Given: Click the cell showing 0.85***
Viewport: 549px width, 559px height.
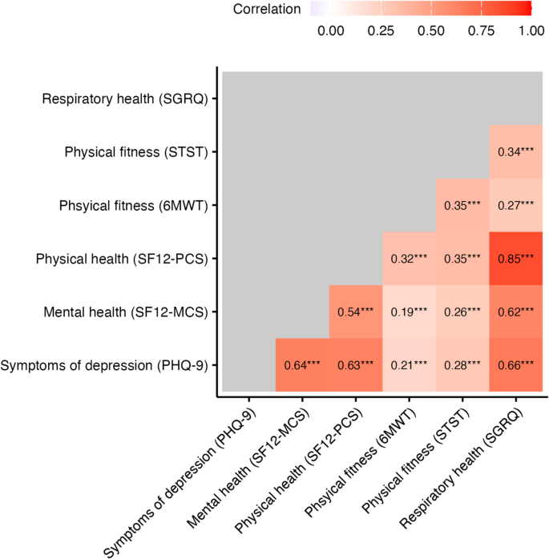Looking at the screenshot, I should click(515, 259).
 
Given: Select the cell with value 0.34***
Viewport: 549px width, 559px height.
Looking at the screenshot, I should click(515, 151).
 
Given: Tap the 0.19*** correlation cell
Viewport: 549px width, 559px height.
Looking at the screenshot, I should click(409, 312).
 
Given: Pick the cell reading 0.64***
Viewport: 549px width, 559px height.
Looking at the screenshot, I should click(301, 366).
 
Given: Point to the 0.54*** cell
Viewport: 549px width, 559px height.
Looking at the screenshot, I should click(355, 312).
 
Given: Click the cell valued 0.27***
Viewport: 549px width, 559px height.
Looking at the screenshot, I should click(515, 205).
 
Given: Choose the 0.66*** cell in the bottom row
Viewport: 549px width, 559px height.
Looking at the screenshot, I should click(515, 366).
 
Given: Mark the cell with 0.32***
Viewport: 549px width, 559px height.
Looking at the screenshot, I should click(409, 259).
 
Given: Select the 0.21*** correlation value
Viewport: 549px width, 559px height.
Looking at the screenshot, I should click(409, 366).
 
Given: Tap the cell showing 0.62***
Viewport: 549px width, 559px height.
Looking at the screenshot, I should click(515, 312).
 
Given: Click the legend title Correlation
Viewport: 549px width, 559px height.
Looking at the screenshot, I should click(267, 10).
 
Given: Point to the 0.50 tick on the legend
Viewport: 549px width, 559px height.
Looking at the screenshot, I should click(431, 30).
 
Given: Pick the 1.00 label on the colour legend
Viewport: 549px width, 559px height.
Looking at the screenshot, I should click(531, 30).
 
